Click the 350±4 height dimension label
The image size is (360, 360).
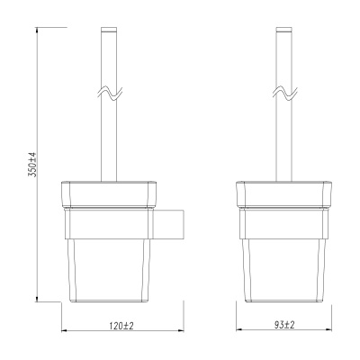pyautogui.click(x=32, y=165)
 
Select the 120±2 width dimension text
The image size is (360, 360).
pyautogui.click(x=121, y=326)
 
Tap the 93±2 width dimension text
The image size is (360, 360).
pyautogui.click(x=284, y=325)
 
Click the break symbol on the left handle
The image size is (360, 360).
pyautogui.click(x=110, y=94)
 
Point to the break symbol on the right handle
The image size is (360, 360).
pyautogui.click(x=284, y=94)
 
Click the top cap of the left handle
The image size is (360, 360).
pyautogui.click(x=109, y=30)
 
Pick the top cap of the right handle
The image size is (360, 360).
pyautogui.click(x=283, y=30)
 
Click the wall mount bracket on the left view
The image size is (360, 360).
pyautogui.click(x=168, y=224)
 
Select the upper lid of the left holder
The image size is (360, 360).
pyautogui.click(x=109, y=194)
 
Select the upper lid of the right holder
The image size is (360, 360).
pyautogui.click(x=283, y=194)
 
